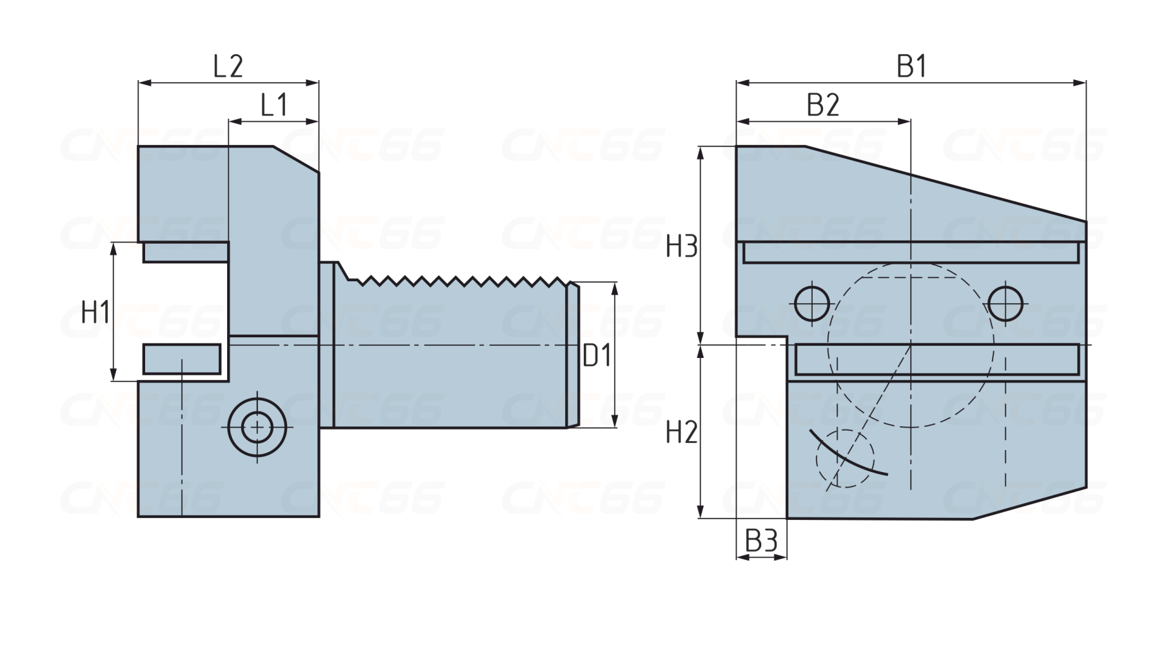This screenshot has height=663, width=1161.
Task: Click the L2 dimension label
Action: point(228,66)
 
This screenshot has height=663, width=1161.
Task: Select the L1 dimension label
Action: point(274,104)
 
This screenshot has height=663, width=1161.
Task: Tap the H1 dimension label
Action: point(95,313)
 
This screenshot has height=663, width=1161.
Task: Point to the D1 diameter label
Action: point(597,355)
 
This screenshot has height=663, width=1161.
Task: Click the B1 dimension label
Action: point(911,66)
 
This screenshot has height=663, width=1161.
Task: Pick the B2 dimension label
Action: point(823,104)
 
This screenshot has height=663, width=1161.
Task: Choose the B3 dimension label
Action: point(762,541)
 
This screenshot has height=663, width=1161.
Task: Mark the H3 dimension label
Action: point(682,247)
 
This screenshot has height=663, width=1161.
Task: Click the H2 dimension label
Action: point(682,433)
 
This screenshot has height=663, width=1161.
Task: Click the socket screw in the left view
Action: point(257,426)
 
